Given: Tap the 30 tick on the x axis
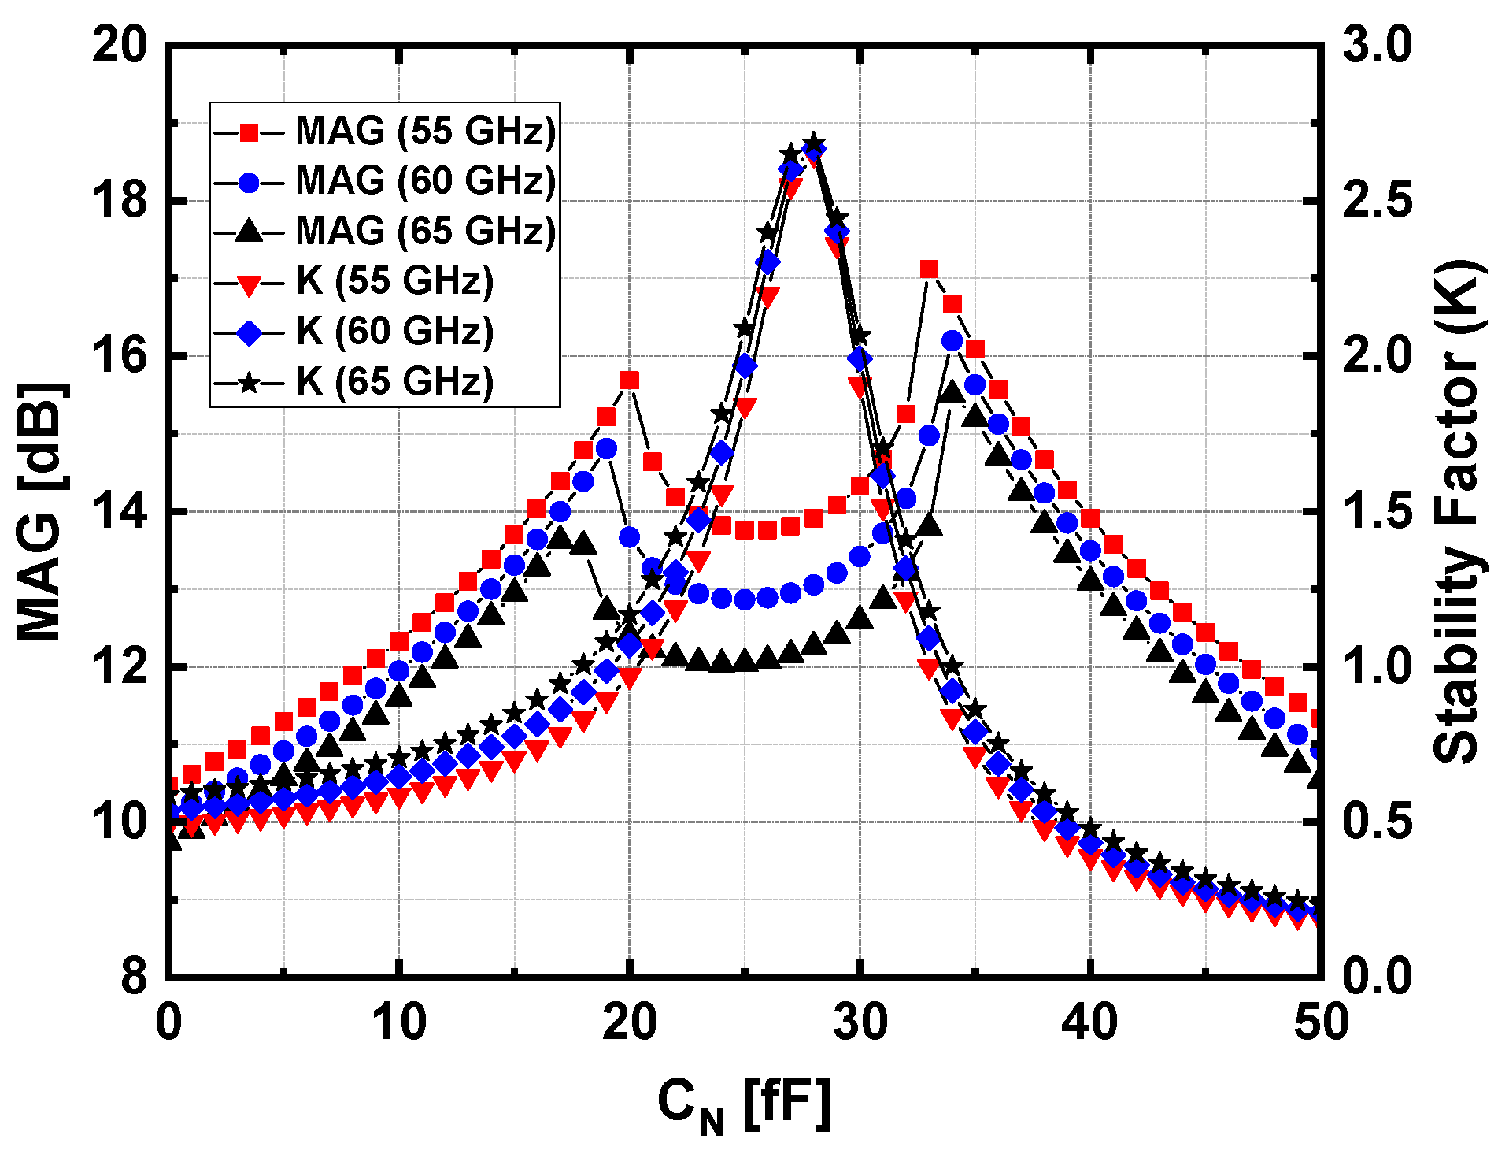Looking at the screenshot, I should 860,1022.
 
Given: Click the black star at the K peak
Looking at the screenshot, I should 814,143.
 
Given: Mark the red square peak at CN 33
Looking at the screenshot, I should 929,270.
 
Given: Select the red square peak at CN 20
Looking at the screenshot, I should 629,381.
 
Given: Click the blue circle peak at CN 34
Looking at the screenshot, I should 952,341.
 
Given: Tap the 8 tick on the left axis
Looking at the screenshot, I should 134,977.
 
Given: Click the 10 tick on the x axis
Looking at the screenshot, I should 398,1022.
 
